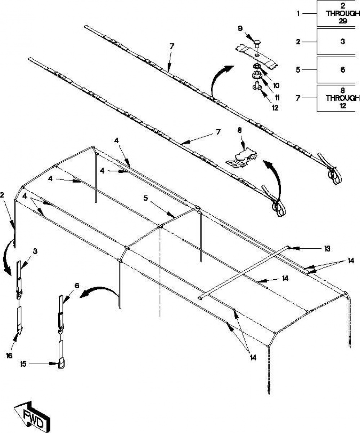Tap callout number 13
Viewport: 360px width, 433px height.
[x=327, y=249]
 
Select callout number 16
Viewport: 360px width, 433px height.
[x=9, y=356]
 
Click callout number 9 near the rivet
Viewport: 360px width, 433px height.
[x=240, y=28]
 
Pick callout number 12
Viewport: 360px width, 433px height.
[x=275, y=108]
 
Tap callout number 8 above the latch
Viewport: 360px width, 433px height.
[x=239, y=130]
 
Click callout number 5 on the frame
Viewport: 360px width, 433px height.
[x=146, y=198]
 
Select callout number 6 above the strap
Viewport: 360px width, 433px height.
[x=77, y=286]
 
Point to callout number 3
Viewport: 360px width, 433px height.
[x=35, y=251]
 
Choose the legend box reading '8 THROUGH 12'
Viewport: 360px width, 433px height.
[x=338, y=98]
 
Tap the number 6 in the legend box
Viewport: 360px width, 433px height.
[x=343, y=70]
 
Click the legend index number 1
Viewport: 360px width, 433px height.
[x=298, y=14]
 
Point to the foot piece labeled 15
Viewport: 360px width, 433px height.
[x=61, y=364]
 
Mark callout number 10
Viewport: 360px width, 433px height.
[x=276, y=85]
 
